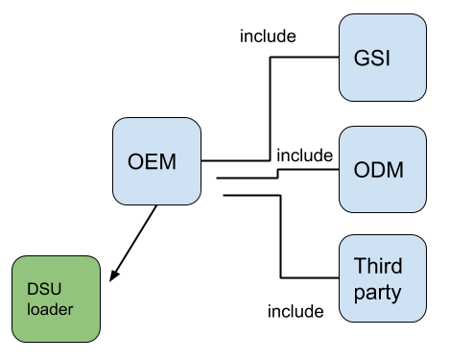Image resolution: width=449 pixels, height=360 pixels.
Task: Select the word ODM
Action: tap(378, 171)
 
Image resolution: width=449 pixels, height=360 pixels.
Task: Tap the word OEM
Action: tap(152, 161)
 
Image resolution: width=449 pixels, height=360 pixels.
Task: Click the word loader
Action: tap(49, 309)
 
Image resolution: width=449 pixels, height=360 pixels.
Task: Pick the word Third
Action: tap(377, 266)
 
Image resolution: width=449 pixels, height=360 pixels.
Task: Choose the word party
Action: tap(377, 291)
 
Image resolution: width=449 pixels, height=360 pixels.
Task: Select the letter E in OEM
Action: tap(152, 161)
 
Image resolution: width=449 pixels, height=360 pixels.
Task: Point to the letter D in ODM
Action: tap(378, 171)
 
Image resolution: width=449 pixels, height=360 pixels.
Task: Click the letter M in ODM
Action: tap(393, 171)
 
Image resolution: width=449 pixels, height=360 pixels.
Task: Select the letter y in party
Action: tap(395, 293)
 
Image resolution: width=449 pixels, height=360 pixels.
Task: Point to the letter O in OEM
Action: tap(135, 161)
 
